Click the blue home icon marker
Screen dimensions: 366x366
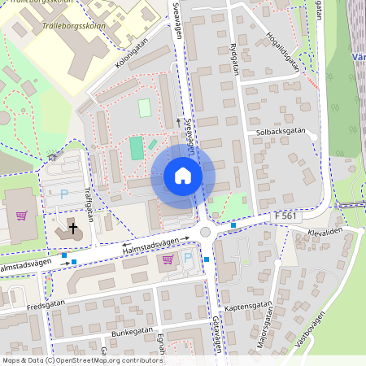(183, 176)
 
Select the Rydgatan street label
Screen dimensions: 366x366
(234, 58)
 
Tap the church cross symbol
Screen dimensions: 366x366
(73, 229)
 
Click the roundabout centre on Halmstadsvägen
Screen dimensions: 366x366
(206, 233)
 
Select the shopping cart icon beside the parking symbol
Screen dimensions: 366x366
(168, 259)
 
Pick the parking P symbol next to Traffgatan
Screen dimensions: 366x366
(65, 194)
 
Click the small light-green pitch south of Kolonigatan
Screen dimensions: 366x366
(145, 107)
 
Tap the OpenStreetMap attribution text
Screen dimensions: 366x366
(82, 360)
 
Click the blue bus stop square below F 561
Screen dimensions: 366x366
(233, 224)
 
